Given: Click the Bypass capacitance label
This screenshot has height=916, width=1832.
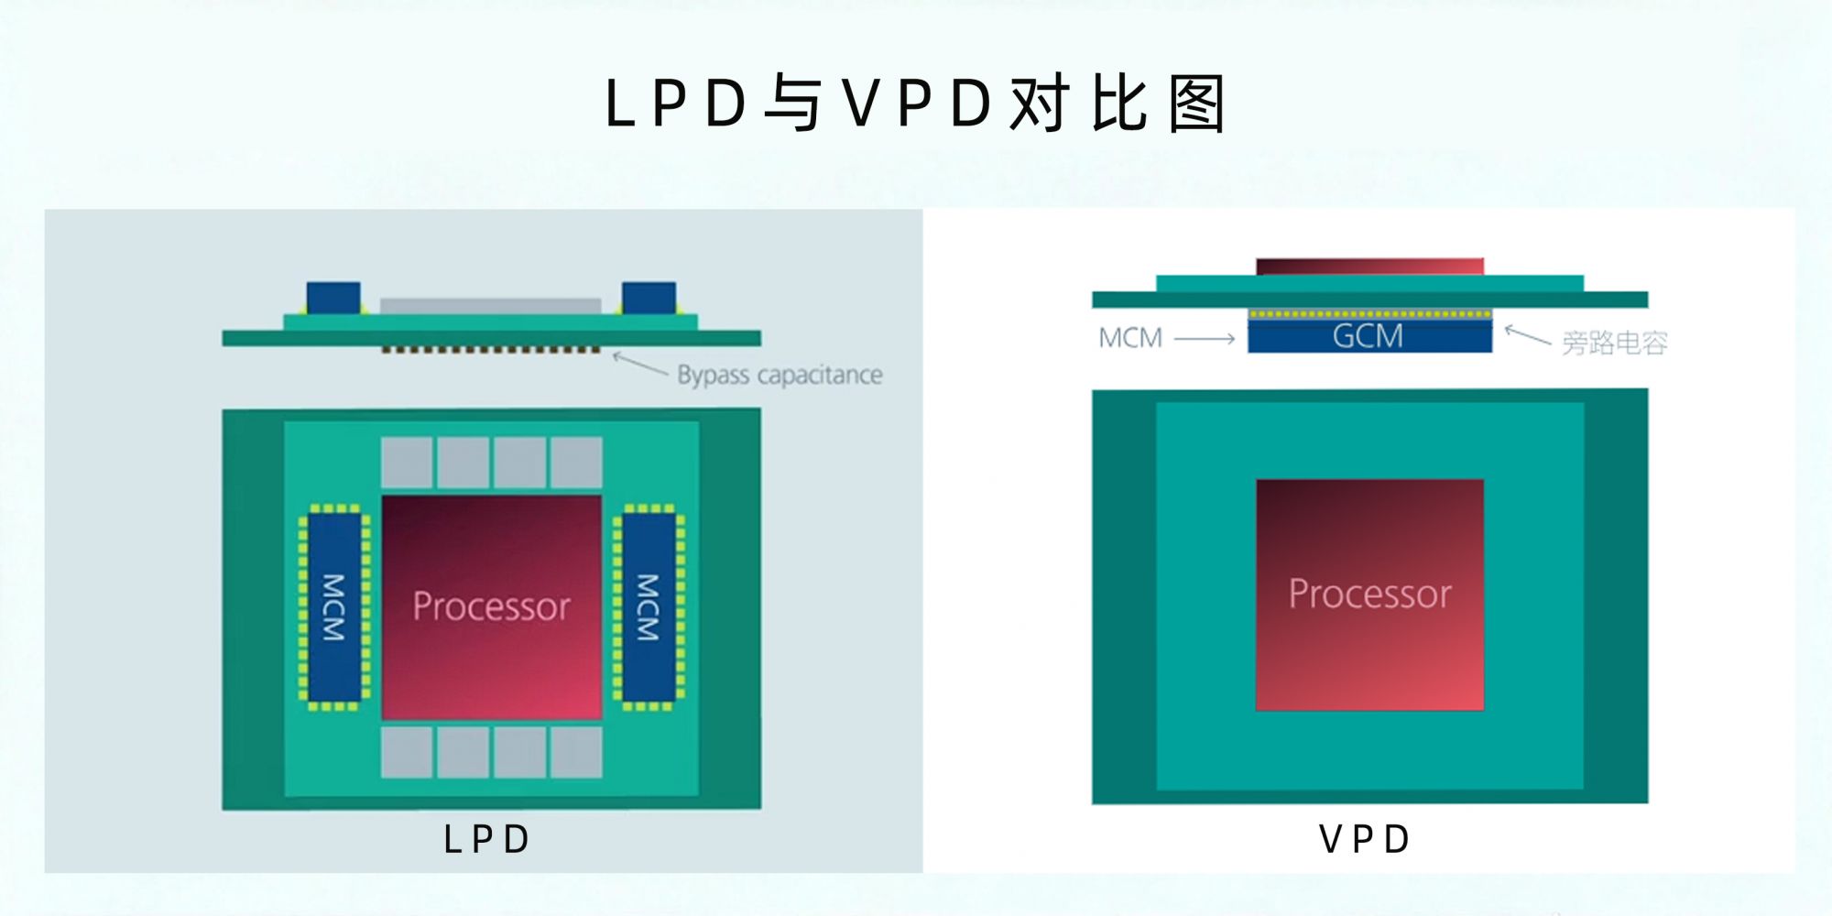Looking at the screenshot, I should click(x=780, y=375).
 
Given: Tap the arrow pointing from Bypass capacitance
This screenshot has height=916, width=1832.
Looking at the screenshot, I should click(x=640, y=364).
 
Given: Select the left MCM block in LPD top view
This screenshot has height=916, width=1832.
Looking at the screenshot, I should click(x=333, y=606).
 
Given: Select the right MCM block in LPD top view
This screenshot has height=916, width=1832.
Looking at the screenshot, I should click(x=649, y=606).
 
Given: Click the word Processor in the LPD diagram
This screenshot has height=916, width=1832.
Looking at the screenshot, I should click(x=491, y=606).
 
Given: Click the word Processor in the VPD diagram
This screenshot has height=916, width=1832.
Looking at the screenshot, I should click(x=1369, y=594).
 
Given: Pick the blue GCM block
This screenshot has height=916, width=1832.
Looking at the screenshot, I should click(x=1369, y=336).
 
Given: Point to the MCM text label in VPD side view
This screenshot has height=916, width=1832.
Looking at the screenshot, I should click(x=1130, y=338).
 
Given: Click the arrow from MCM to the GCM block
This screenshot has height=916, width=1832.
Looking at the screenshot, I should click(x=1205, y=339).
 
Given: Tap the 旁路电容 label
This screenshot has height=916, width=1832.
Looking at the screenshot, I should click(x=1614, y=343).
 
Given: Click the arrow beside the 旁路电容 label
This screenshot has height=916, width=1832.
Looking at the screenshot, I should click(x=1527, y=335).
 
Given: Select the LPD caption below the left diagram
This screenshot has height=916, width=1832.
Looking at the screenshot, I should click(x=486, y=839).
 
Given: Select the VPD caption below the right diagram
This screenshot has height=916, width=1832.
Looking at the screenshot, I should click(x=1364, y=839).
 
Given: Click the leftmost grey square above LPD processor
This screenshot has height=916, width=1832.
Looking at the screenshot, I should click(x=407, y=463).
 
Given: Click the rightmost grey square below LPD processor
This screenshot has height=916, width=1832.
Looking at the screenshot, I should click(x=576, y=752).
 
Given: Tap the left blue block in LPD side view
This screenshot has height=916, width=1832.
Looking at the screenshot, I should click(x=333, y=298).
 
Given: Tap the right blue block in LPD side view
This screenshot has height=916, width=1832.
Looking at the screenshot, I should click(x=649, y=298).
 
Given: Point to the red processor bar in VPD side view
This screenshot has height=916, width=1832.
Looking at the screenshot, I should click(x=1369, y=267).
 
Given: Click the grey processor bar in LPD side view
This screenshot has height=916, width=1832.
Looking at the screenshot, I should click(x=490, y=306).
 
